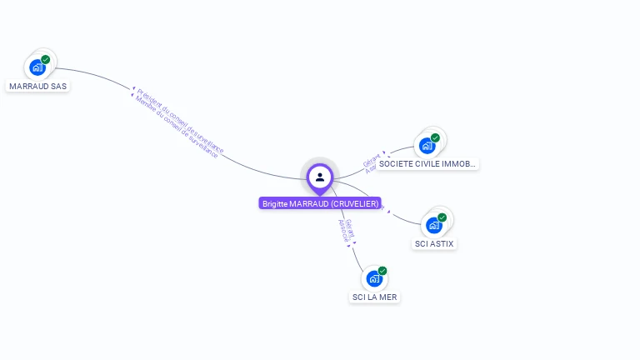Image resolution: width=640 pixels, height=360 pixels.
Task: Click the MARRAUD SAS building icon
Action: [37, 67]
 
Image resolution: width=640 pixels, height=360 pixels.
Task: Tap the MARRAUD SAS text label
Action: [37, 86]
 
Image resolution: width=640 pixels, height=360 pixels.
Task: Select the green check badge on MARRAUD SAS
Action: [46, 59]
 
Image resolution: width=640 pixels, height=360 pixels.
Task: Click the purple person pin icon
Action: [320, 177]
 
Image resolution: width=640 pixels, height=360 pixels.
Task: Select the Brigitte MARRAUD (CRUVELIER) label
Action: [320, 203]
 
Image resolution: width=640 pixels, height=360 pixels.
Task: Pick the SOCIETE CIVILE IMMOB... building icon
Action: [427, 146]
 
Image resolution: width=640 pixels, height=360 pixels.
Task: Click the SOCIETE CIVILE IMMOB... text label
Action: [427, 164]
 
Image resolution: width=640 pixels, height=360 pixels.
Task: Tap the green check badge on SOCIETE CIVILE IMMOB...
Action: [435, 137]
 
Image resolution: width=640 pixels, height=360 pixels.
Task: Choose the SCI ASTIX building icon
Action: [434, 225]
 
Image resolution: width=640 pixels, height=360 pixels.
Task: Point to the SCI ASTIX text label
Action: [435, 243]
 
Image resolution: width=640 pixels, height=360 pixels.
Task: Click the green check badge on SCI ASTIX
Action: [442, 217]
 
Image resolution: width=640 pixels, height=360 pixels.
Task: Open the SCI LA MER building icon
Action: [374, 278]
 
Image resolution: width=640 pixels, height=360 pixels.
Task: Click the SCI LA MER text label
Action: [375, 297]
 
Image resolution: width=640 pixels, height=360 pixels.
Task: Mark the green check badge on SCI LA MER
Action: [382, 271]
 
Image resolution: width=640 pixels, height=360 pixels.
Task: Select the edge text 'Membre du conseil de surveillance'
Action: [176, 127]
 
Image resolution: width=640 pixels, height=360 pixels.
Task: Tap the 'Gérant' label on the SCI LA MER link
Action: [350, 227]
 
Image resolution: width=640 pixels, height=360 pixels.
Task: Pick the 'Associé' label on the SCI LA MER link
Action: [342, 230]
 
